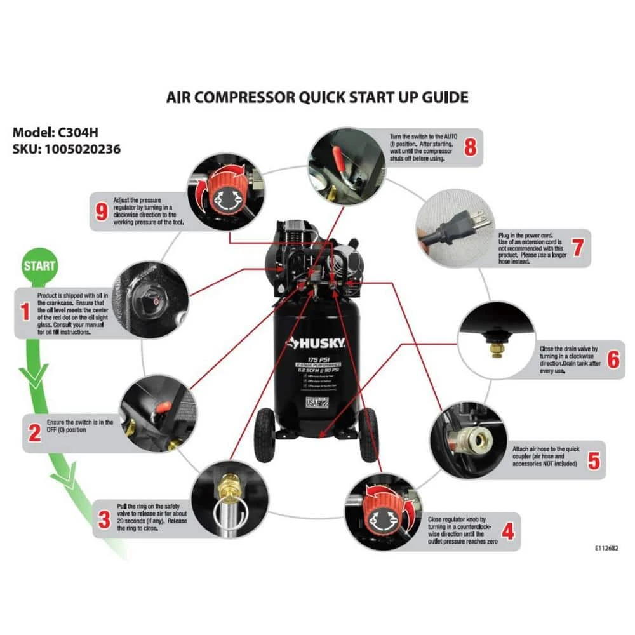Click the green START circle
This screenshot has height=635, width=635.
39,265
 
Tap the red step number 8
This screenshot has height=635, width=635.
469,147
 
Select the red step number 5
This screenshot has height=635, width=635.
593,460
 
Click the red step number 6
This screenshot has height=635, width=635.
613,359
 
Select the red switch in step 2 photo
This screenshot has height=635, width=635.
162,404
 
